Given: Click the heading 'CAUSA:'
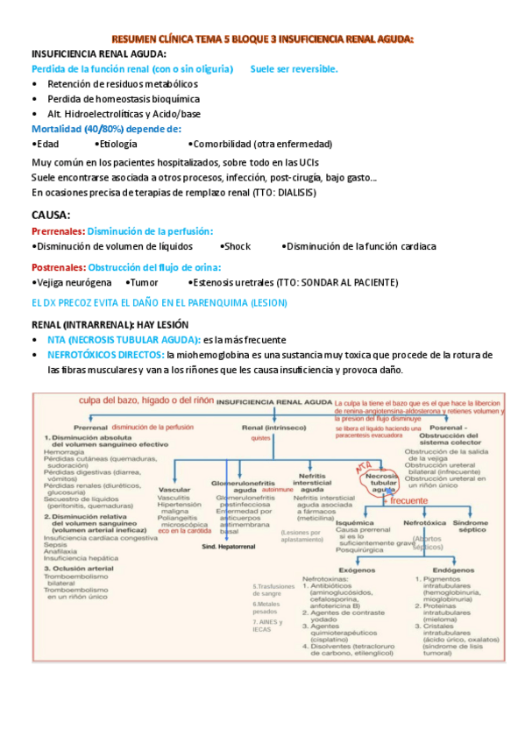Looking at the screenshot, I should coord(52,215).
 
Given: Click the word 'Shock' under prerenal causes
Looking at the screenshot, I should coord(236,246).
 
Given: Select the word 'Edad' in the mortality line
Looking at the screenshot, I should coord(46,144).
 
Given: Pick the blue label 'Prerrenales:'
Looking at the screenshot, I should coord(58,230).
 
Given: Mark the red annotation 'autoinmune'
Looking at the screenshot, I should coord(274,491).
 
